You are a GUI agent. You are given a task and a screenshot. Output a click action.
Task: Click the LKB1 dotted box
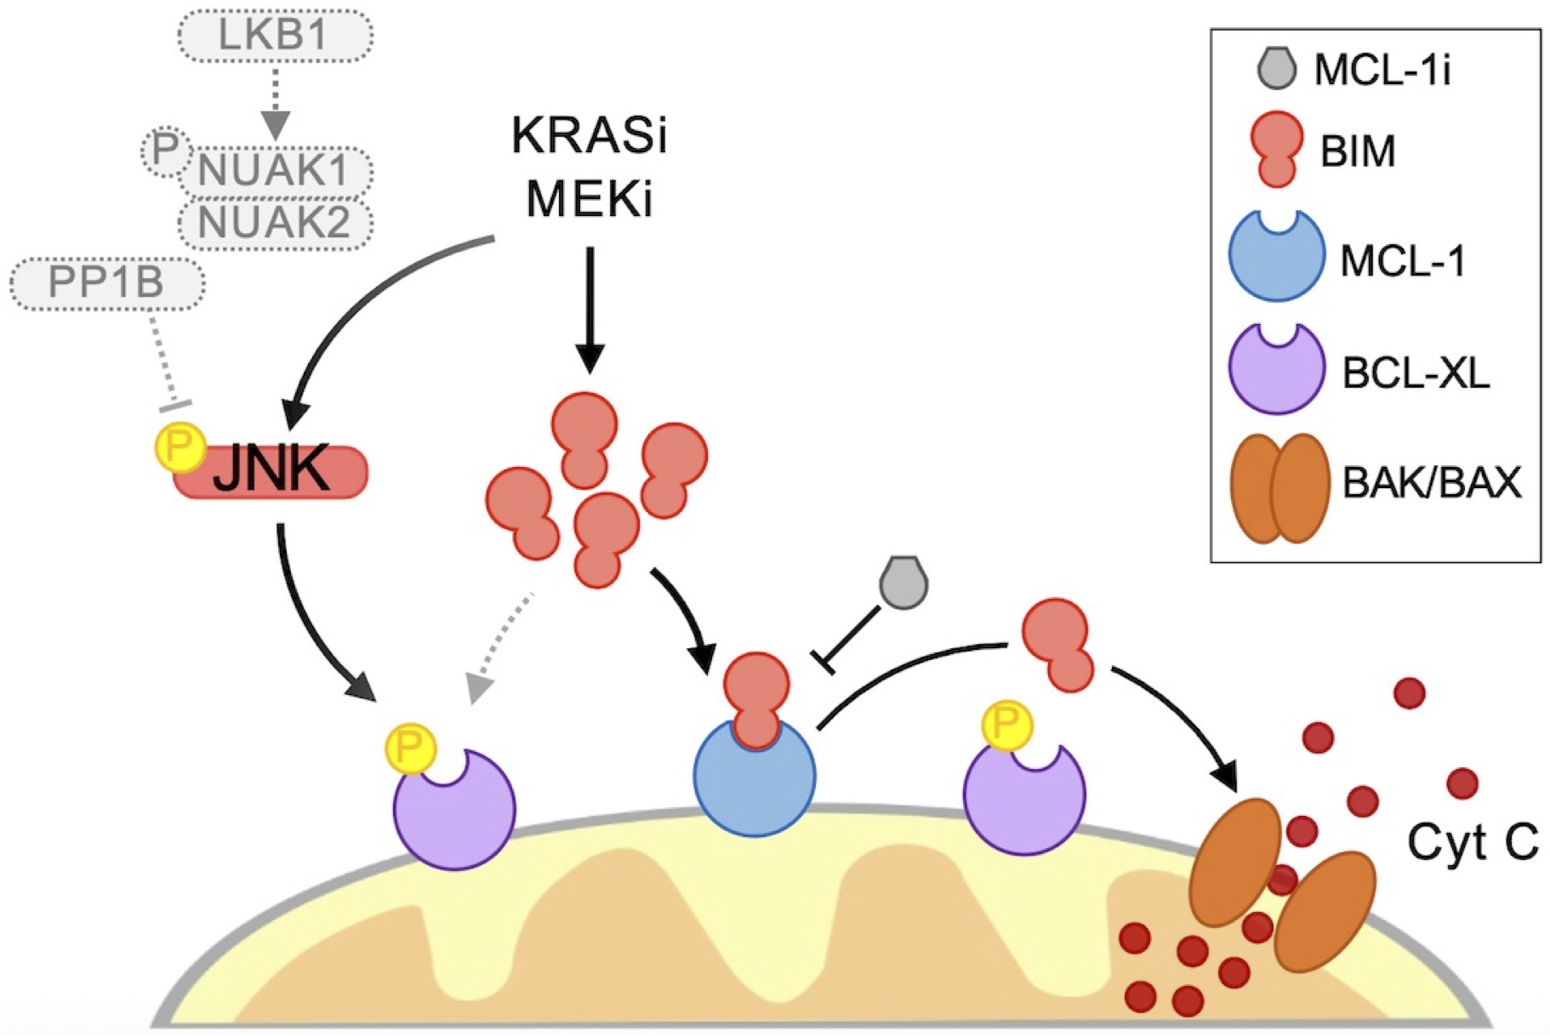coord(274,36)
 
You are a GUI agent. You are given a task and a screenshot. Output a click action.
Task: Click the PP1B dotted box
coord(107,282)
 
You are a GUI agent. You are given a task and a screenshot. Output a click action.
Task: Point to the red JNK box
coord(271,471)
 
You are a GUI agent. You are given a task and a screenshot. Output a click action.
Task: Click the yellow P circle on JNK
coord(180,446)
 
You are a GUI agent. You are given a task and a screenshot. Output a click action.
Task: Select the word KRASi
coord(589,136)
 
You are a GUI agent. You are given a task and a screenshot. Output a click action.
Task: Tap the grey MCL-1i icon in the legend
coord(1276,68)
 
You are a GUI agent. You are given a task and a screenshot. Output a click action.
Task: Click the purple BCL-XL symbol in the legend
coord(1276,369)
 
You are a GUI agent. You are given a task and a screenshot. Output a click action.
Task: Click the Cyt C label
coord(1472,842)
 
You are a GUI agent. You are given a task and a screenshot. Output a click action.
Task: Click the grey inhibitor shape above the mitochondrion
coord(903,583)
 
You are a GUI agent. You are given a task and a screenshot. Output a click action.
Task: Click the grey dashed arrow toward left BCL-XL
coord(502,646)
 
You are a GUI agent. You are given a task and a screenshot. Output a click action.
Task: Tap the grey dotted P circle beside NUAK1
coord(163,151)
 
